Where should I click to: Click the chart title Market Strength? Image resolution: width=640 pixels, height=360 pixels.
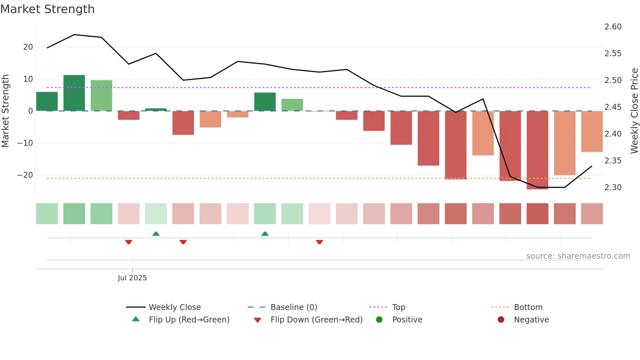pyautogui.click(x=47, y=9)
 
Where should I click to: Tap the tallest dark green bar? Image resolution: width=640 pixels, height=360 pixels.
pyautogui.click(x=74, y=93)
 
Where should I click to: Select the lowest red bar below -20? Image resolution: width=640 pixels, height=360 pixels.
pyautogui.click(x=537, y=150)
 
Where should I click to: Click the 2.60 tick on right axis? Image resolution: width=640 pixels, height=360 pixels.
pyautogui.click(x=613, y=27)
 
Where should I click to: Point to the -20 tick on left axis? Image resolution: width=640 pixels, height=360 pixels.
pyautogui.click(x=25, y=175)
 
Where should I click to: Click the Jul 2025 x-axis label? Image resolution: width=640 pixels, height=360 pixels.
pyautogui.click(x=132, y=278)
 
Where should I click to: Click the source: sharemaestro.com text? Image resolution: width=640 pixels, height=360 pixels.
pyautogui.click(x=578, y=256)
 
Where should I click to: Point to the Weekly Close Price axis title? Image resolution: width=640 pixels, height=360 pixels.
pyautogui.click(x=634, y=111)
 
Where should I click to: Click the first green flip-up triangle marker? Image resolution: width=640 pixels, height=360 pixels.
pyautogui.click(x=156, y=234)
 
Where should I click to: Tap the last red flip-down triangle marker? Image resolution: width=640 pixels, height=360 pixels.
pyautogui.click(x=319, y=242)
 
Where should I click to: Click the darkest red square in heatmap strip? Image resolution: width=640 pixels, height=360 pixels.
pyautogui.click(x=537, y=214)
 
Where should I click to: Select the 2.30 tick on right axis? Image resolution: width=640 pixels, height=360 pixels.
pyautogui.click(x=613, y=188)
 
